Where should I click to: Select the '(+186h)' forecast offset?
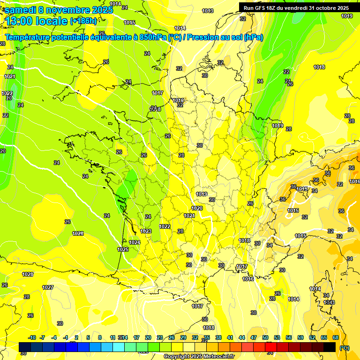83,21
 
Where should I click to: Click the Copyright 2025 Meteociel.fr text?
199,357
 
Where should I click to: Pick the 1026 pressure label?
78,233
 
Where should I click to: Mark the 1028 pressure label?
28,274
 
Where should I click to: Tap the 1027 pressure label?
48,287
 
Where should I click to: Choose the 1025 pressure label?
123,249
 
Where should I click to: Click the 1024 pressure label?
135,242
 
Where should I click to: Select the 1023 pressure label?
146,231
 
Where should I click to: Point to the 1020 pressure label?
197,208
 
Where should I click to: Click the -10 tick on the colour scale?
32,337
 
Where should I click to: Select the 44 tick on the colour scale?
241,337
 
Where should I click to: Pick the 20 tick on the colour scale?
148,337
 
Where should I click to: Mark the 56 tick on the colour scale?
288,337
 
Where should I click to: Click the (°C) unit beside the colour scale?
344,347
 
